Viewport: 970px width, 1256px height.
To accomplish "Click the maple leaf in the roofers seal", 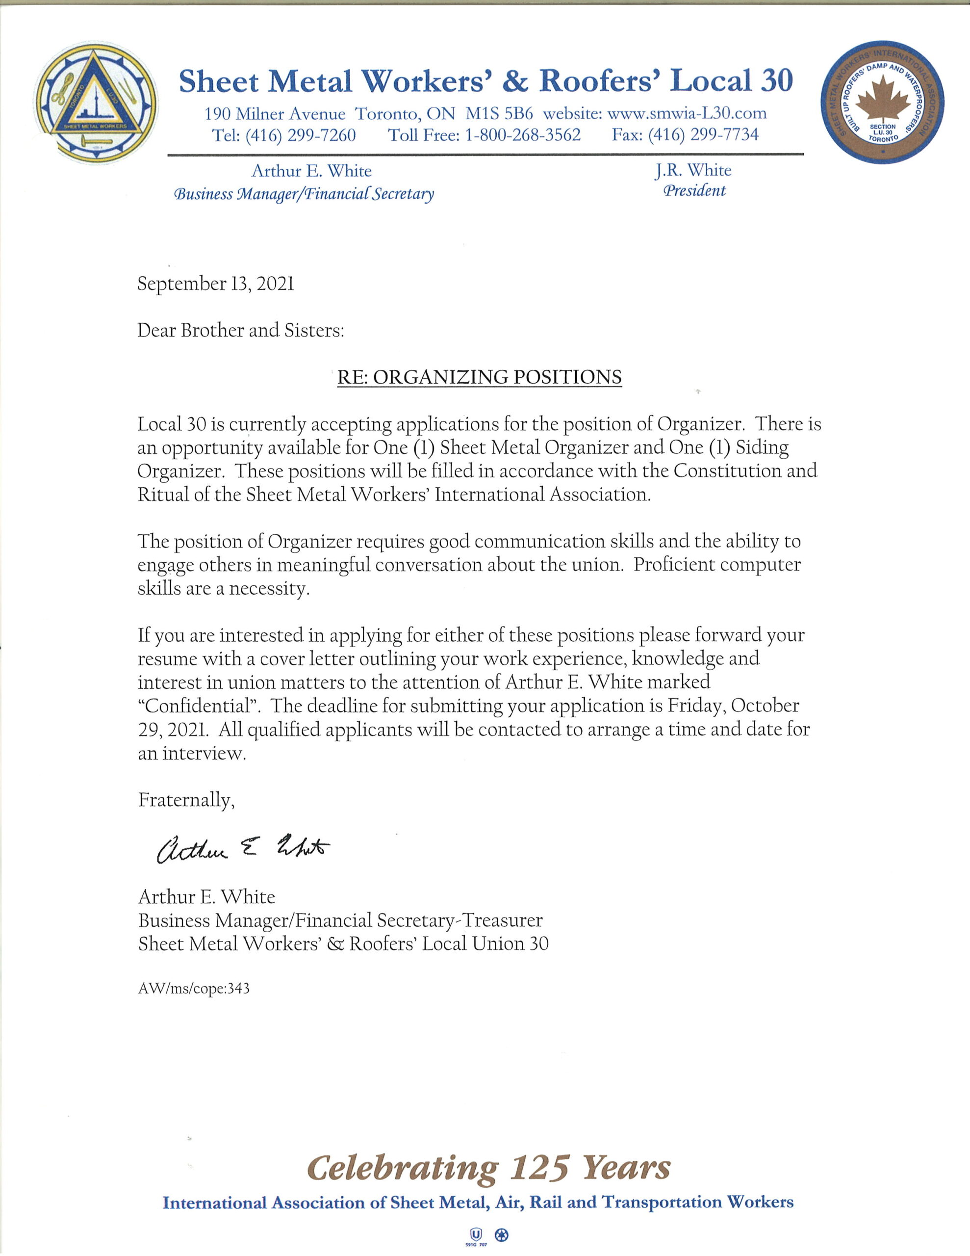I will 883,101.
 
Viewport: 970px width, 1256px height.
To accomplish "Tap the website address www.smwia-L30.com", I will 687,113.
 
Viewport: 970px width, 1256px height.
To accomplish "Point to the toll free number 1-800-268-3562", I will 522,135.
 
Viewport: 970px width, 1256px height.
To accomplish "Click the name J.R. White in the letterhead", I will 693,170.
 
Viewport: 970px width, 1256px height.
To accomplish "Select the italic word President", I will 694,191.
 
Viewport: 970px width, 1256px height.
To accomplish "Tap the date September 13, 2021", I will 216,284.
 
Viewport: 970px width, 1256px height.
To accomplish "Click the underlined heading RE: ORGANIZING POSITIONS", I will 479,377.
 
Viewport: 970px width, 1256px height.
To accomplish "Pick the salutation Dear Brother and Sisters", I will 240,330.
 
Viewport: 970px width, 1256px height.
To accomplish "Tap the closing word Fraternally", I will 186,800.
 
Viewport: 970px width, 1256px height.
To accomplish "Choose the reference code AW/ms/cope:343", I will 194,989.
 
